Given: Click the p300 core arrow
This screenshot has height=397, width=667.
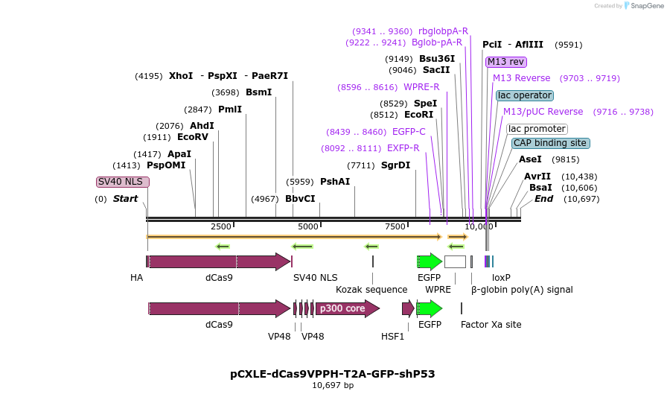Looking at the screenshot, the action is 347,308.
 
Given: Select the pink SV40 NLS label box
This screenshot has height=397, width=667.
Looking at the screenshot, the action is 123,182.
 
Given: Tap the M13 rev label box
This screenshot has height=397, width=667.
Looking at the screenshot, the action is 505,62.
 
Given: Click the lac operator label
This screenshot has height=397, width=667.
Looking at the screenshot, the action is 525,95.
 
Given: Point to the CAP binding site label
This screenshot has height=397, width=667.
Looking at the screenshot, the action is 550,143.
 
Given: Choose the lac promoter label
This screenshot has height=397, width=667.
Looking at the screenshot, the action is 537,129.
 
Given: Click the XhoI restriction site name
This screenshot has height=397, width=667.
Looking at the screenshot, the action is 181,76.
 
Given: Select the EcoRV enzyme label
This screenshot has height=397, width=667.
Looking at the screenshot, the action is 193,137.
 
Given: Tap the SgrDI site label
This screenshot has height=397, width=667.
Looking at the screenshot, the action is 395,165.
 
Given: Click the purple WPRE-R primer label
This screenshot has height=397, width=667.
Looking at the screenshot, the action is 421,87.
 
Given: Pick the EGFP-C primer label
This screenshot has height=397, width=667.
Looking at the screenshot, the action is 409,132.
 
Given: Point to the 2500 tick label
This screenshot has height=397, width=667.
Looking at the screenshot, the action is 221,226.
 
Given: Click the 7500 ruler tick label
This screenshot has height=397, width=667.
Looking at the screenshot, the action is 395,226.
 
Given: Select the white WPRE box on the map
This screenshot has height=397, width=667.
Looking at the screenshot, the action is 455,261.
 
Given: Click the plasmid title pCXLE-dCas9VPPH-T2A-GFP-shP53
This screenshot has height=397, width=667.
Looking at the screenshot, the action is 333,374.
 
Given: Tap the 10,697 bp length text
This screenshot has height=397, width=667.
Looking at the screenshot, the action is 333,385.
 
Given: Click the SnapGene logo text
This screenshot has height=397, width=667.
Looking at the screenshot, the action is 647,5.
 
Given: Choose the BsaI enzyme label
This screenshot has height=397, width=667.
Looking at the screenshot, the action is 540,188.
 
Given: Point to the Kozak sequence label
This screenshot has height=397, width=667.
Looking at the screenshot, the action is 371,289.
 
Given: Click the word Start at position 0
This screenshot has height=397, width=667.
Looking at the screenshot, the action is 125,199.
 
